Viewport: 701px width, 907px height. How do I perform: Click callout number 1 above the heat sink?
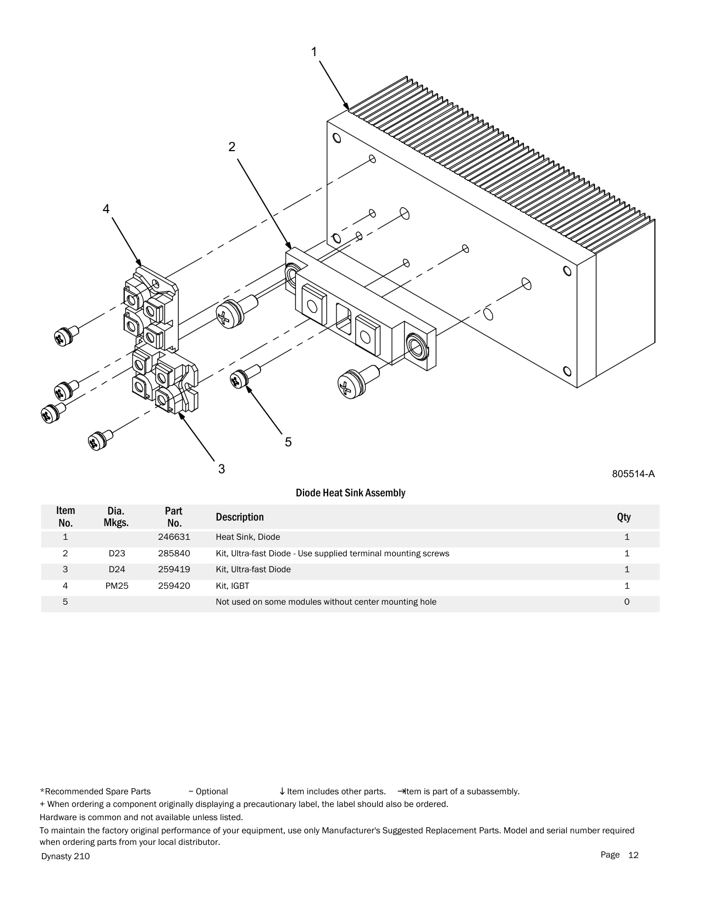314,52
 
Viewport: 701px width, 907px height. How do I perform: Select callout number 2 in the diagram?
232,147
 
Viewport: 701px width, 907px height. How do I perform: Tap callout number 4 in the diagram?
106,209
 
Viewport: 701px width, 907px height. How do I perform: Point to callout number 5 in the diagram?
288,442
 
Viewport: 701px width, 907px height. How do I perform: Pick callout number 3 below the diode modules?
222,469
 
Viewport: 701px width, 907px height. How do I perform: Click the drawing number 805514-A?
633,474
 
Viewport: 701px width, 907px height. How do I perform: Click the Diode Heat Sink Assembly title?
350,493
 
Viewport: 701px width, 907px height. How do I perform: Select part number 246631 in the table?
174,537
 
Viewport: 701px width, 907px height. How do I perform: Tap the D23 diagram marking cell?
117,554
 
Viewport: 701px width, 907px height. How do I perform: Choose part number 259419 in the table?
174,569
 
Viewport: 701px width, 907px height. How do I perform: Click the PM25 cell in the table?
117,586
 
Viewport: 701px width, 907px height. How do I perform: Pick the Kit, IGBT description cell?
233,586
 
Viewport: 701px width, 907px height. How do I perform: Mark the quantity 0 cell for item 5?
627,602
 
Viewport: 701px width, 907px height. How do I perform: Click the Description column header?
240,517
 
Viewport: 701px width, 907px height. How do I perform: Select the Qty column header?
623,517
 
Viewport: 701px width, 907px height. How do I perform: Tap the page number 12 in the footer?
633,855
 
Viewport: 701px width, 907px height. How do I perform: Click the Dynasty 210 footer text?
65,856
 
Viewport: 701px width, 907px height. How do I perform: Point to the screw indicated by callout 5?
240,378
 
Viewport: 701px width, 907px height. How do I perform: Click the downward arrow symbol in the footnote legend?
282,792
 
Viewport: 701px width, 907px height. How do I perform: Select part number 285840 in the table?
174,554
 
